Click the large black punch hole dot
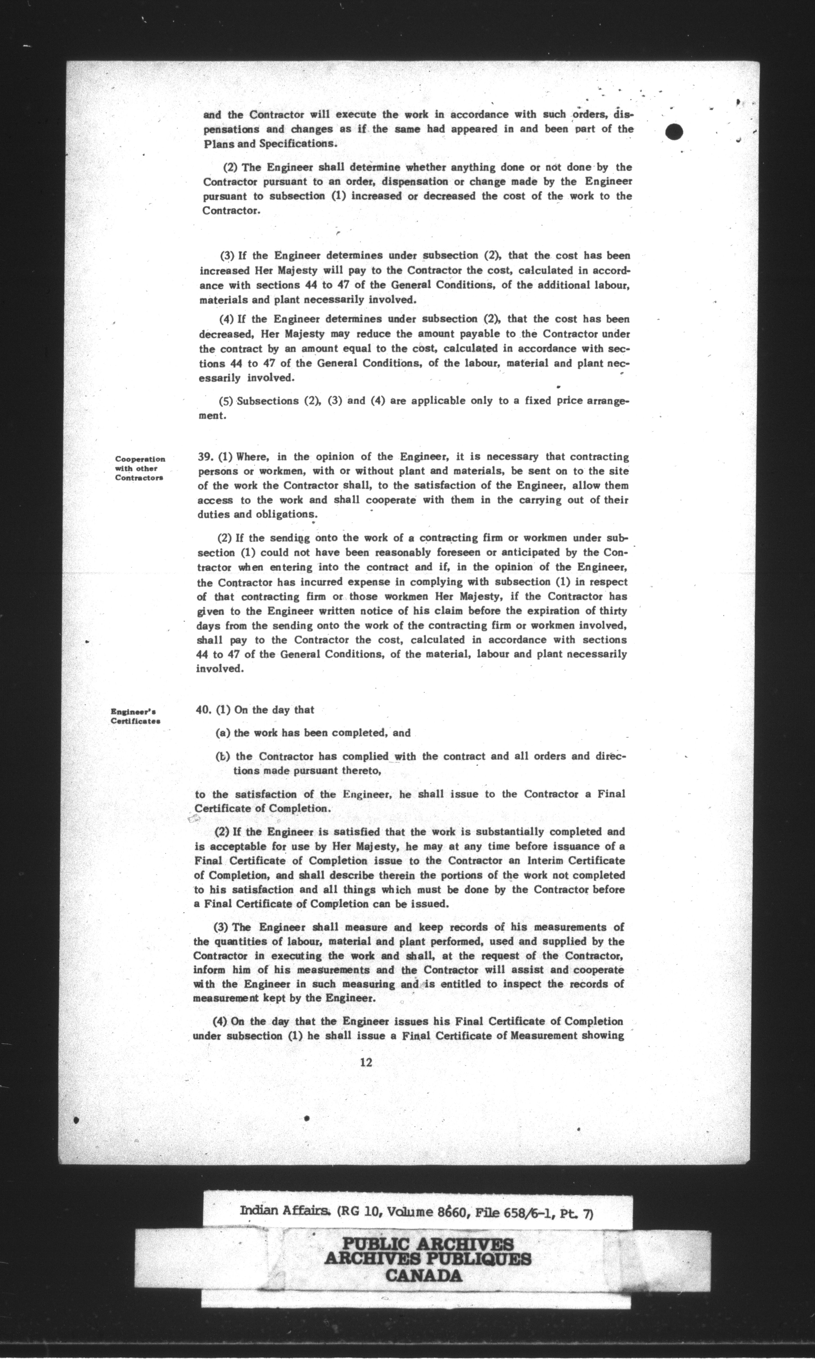pyautogui.click(x=673, y=132)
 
